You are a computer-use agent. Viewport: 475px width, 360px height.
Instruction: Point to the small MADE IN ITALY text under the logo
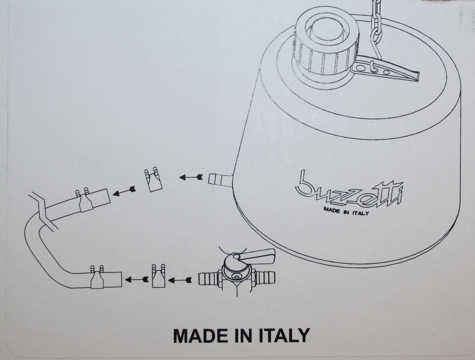tap(346, 211)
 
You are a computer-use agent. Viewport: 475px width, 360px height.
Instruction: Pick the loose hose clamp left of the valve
tap(159, 276)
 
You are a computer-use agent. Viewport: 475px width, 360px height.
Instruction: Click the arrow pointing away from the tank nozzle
tap(191, 176)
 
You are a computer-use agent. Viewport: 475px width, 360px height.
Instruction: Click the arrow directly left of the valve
tap(180, 280)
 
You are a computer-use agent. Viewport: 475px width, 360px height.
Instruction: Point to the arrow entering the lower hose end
tap(137, 279)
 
